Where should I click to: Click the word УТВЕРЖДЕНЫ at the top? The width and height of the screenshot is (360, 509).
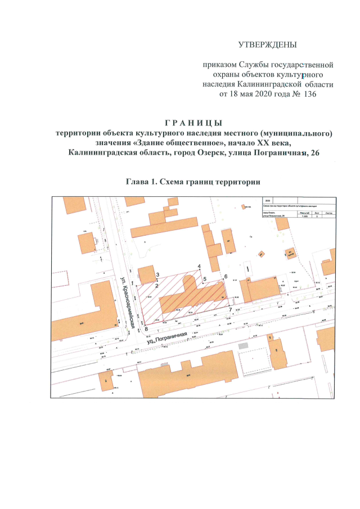(267, 44)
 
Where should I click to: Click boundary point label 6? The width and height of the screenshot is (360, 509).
(226, 277)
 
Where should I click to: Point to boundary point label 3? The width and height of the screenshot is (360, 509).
(158, 274)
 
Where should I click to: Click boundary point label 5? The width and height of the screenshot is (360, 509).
(205, 278)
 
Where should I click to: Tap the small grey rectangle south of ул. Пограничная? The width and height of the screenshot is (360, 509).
(243, 345)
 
